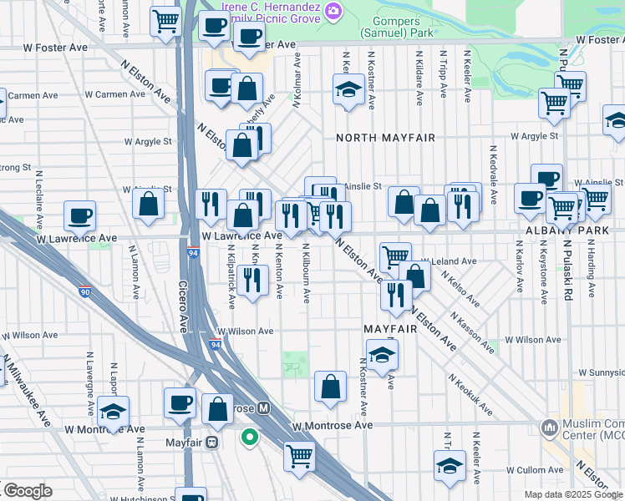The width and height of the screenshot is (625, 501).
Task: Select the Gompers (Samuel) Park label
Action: pos(397,25)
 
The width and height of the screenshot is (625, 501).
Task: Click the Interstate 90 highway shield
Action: pos(85,291)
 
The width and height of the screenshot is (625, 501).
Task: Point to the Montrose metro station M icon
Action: pos(264,408)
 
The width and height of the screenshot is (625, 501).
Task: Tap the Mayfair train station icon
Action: pos(212,442)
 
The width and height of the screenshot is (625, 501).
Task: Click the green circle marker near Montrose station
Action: pos(249,436)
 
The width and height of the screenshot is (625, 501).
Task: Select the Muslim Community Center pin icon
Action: pos(549,428)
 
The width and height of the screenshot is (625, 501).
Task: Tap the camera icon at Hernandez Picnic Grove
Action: pos(333,10)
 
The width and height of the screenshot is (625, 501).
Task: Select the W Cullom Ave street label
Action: pos(517,471)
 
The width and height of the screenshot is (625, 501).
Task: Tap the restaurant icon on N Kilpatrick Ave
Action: pos(252,280)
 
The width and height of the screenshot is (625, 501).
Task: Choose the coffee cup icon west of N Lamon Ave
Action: pos(80,215)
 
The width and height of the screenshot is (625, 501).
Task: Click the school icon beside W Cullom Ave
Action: pos(449,465)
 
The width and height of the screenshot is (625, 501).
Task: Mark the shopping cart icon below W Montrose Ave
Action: pos(299,455)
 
